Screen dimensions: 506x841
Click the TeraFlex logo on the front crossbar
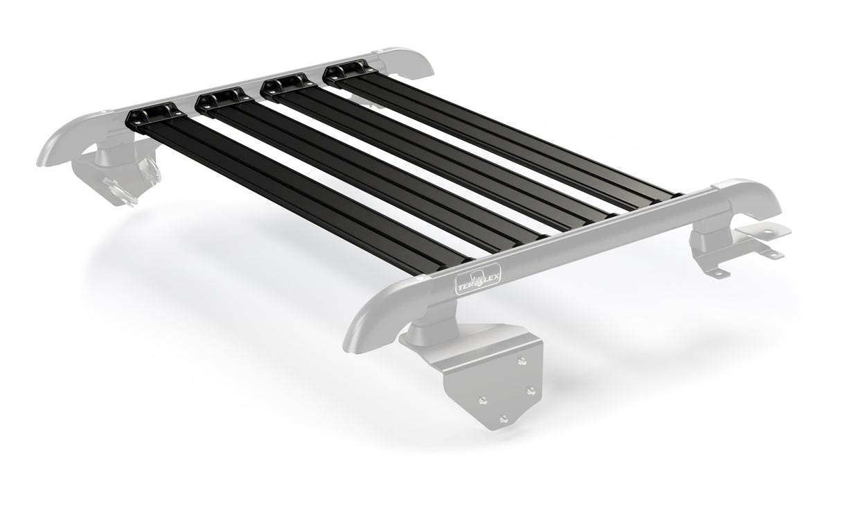(478, 278)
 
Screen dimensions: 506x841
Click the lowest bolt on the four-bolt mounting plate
(503, 419)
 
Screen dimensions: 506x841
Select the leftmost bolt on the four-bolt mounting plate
(483, 400)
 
